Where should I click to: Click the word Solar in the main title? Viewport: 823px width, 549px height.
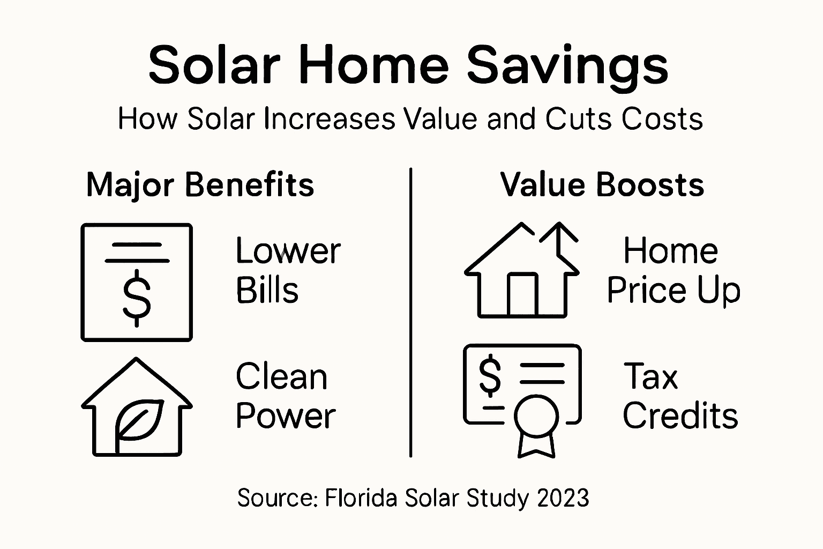click(x=214, y=65)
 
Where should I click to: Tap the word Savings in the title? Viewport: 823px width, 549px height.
click(x=568, y=65)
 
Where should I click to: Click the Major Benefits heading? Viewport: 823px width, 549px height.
click(x=200, y=185)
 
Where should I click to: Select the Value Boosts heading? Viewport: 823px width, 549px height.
click(x=602, y=185)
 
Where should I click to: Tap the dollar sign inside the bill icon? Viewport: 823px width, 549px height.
click(x=137, y=298)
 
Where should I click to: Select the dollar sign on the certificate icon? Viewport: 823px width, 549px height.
click(x=490, y=376)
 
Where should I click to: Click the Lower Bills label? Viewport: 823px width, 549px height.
click(x=288, y=270)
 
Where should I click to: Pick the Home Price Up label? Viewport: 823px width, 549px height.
click(x=673, y=270)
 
